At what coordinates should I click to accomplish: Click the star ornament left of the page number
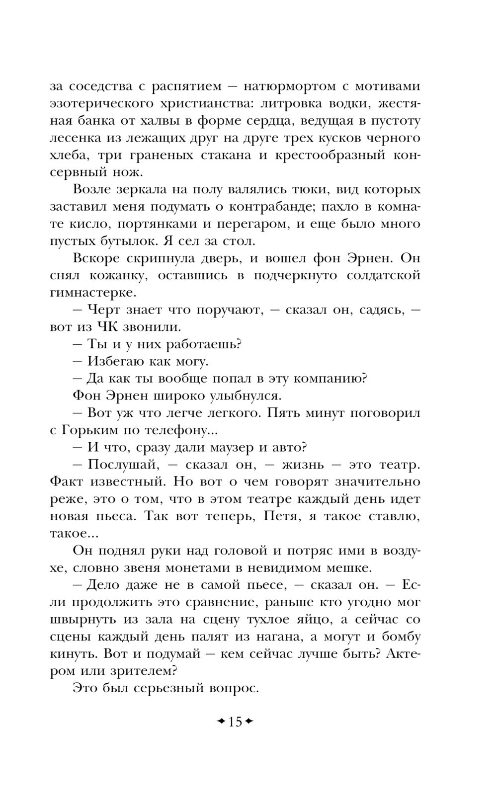pyautogui.click(x=220, y=721)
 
